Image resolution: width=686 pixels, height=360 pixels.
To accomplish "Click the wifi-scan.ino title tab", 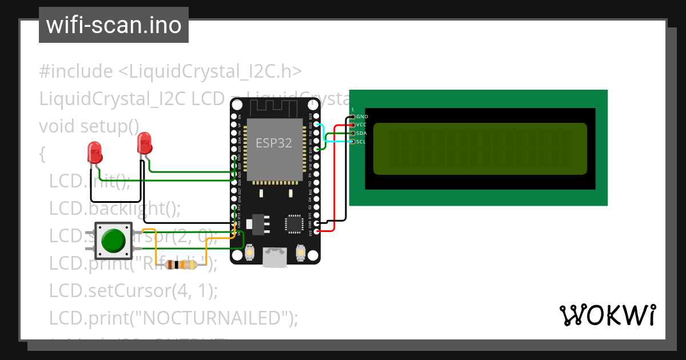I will click(x=114, y=25).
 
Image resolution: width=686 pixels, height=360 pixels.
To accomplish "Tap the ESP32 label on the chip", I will click(x=273, y=143).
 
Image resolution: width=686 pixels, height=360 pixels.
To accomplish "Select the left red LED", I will click(x=95, y=153).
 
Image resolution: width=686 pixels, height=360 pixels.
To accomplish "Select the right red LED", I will click(x=145, y=142).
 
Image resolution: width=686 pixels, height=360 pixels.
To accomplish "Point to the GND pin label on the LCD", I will click(x=362, y=117).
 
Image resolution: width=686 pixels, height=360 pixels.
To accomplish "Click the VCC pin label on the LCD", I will click(x=361, y=125).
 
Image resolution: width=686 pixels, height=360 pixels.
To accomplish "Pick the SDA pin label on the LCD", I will click(x=361, y=133).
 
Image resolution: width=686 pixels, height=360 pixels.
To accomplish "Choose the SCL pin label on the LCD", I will click(x=361, y=142).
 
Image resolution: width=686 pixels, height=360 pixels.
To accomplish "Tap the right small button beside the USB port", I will click(x=300, y=252).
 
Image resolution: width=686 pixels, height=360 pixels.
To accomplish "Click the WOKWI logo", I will click(x=607, y=315).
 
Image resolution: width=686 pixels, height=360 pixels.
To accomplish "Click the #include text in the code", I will click(x=76, y=71).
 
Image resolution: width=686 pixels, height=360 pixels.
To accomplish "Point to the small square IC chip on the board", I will click(x=295, y=223).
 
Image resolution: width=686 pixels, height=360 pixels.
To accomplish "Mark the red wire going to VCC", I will click(x=334, y=177).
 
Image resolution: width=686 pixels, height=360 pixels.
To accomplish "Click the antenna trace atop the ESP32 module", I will click(x=273, y=107).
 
